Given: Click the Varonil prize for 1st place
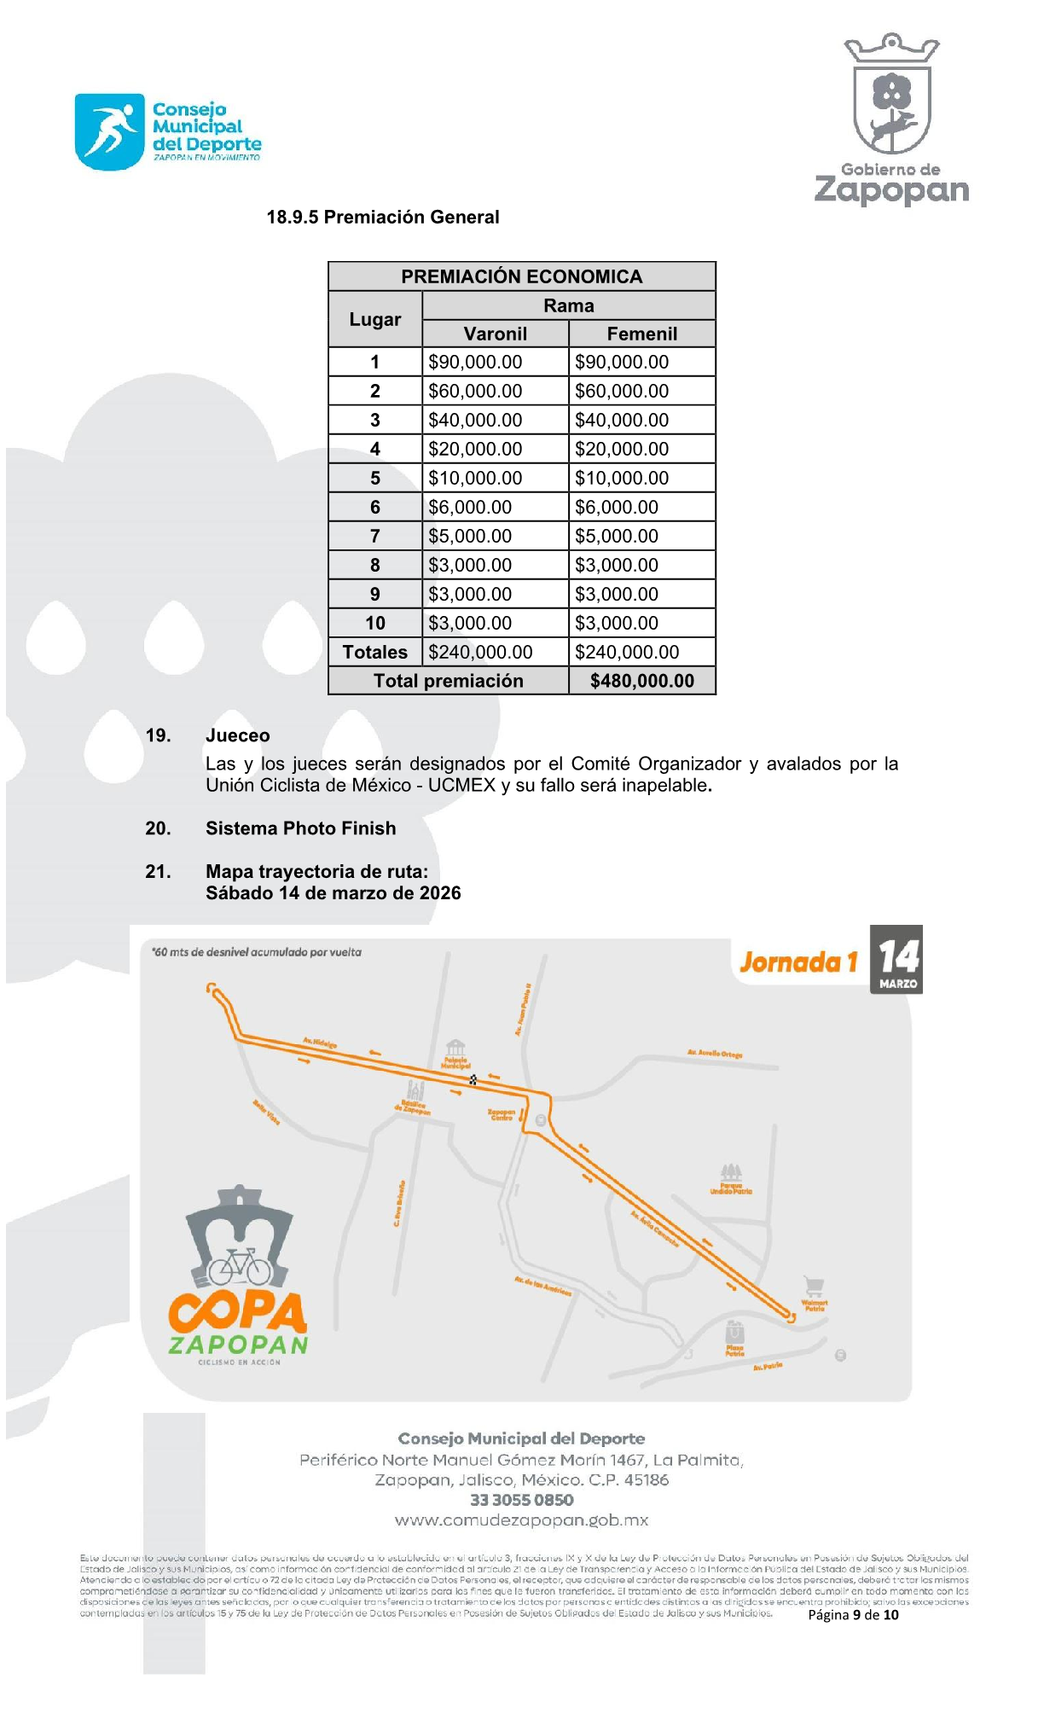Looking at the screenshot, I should [x=475, y=362].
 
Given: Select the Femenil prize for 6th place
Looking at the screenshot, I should [x=617, y=507].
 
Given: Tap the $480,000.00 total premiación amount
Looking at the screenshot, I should [x=641, y=681].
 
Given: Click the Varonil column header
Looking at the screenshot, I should [x=495, y=334].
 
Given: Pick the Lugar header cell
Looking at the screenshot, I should [x=374, y=319].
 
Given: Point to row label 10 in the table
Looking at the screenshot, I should [x=374, y=623].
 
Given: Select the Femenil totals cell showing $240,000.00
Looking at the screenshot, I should [x=627, y=652].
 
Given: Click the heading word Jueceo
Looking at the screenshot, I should [x=237, y=735].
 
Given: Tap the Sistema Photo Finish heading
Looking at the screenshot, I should [x=300, y=828].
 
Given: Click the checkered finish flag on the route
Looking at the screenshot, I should [x=473, y=1080].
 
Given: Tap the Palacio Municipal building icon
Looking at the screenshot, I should [x=455, y=1048].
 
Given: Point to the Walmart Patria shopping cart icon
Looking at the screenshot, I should [x=815, y=1286].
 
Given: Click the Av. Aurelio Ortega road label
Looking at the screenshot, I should [x=715, y=1054].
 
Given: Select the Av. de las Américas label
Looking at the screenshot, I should [x=542, y=1286].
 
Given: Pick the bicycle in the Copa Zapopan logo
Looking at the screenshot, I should [x=240, y=1266].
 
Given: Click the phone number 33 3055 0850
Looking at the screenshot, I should [x=521, y=1500].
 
